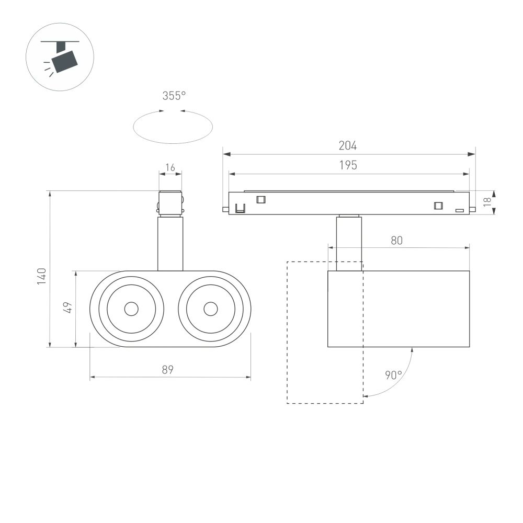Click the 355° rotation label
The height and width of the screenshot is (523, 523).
click(x=174, y=96)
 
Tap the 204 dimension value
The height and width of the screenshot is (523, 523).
click(x=348, y=146)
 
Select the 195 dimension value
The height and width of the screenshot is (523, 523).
click(x=348, y=166)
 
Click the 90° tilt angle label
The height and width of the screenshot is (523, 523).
click(x=393, y=375)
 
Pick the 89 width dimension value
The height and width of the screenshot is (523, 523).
click(x=167, y=370)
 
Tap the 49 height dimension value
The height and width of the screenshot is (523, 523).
click(x=67, y=307)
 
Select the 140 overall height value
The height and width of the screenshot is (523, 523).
click(x=42, y=276)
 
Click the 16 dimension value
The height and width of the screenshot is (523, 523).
click(x=170, y=168)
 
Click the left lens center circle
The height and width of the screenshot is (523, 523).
click(x=131, y=309)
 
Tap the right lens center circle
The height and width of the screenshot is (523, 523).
click(x=211, y=309)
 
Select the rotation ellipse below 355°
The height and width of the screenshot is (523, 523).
click(x=173, y=127)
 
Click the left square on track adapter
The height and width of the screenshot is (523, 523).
click(x=260, y=199)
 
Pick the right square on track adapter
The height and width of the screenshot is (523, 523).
click(x=438, y=206)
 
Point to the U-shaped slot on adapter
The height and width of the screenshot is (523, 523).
click(x=240, y=208)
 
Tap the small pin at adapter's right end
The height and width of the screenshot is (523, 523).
click(x=472, y=210)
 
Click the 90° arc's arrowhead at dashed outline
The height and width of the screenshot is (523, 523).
click(x=366, y=396)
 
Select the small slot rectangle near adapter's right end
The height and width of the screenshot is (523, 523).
click(x=459, y=210)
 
